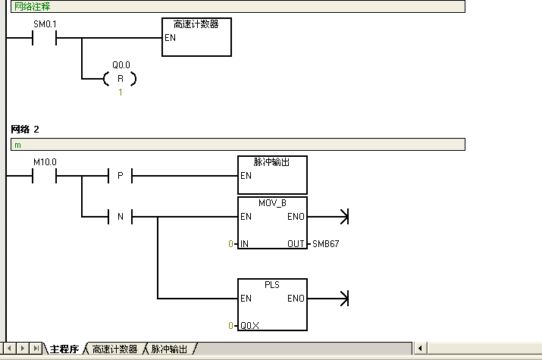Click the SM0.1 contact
[x=45, y=37]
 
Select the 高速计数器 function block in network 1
[x=197, y=36]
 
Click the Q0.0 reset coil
[x=120, y=78]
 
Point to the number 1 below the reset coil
[x=120, y=92]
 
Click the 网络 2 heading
[x=25, y=129]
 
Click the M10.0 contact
[x=45, y=176]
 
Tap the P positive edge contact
[x=120, y=176]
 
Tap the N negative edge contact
[x=120, y=218]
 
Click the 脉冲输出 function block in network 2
[x=272, y=175]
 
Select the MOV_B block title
[x=272, y=204]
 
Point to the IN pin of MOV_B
[x=244, y=244]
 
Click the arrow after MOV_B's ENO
[x=343, y=218]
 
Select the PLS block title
[x=272, y=286]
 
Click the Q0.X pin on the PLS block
[x=249, y=325]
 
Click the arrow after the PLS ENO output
[x=343, y=299]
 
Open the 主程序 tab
[x=64, y=349]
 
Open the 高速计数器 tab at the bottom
[x=114, y=349]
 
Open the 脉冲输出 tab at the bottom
[x=169, y=349]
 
